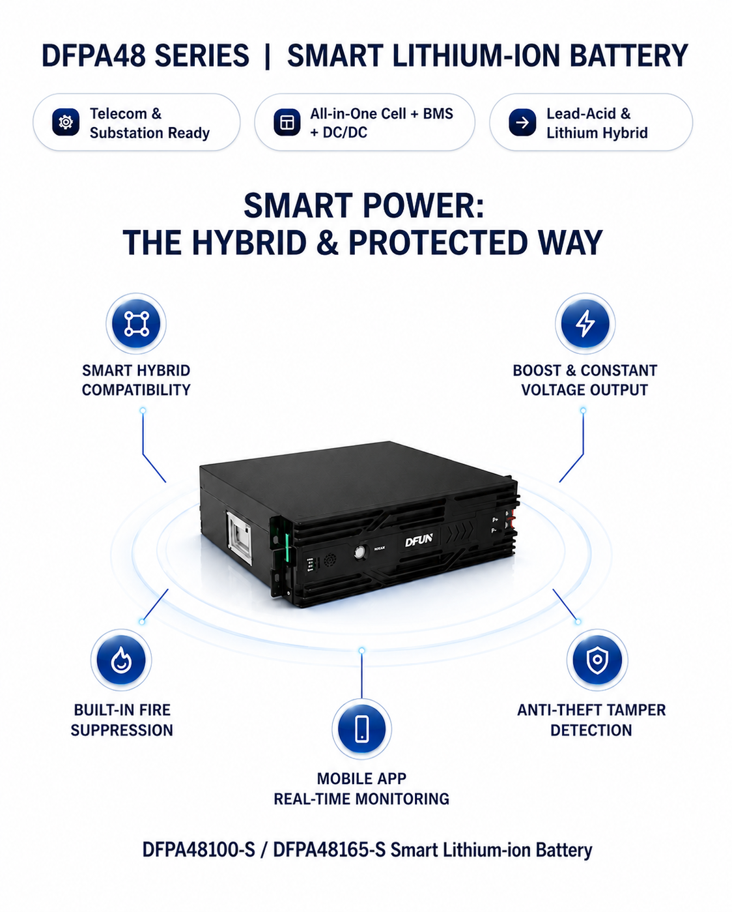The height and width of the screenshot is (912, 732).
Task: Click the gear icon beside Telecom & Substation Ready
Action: pos(66,123)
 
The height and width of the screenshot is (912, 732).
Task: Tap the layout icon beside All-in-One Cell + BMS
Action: pos(287,123)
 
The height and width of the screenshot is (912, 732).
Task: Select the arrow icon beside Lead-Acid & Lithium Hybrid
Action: pos(522,123)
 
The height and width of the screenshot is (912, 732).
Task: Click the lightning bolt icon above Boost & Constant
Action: pos(585,324)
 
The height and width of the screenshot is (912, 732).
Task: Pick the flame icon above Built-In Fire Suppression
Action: pos(121,660)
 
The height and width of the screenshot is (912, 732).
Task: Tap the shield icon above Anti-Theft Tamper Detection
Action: pos(597,660)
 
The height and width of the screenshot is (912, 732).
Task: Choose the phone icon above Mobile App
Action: pos(361,729)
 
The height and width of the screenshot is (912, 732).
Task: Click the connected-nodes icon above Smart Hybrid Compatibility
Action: pos(136,324)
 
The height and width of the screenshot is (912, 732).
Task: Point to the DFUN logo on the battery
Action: pos(419,540)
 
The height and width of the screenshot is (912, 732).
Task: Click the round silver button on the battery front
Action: pos(360,552)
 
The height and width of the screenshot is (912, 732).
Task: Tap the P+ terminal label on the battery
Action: pos(495,520)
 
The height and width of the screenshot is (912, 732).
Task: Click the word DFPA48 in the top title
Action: pos(94,55)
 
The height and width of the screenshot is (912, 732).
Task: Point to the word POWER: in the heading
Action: pos(423,205)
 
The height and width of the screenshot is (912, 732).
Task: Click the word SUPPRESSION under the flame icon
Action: pos(122,730)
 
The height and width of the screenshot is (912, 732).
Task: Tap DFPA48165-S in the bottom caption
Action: pos(329,849)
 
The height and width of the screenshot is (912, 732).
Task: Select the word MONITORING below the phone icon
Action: pos(402,799)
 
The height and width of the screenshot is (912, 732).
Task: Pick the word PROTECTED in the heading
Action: pos(439,243)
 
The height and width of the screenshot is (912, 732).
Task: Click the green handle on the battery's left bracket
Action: pos(287,548)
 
